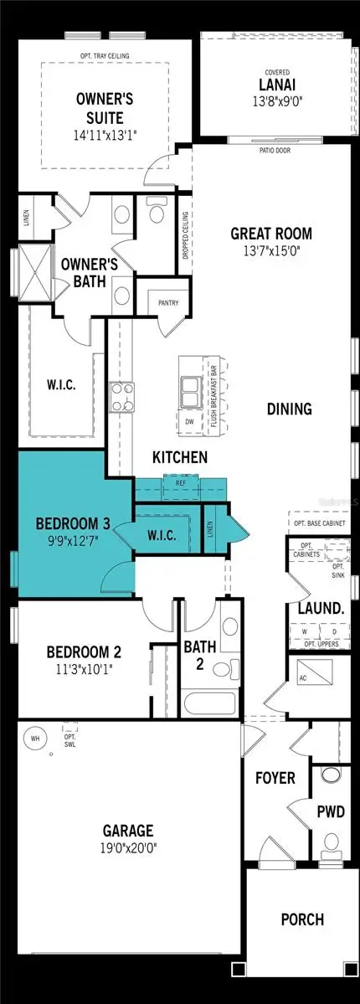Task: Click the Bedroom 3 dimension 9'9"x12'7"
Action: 72,541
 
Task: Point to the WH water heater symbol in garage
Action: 35,739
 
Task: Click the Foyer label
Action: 275,778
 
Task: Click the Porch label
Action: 301,919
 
